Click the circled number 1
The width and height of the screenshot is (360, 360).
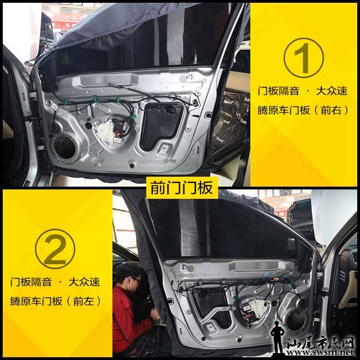click(304, 58)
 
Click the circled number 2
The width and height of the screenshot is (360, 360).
click(55, 249)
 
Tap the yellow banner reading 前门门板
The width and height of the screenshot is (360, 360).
click(182, 188)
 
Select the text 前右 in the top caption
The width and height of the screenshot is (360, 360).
click(331, 110)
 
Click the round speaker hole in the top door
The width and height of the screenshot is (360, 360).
click(64, 147)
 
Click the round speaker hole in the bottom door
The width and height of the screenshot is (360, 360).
click(296, 321)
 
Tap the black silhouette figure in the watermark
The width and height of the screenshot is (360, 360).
click(277, 337)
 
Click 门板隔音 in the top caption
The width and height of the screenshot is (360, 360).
click(279, 91)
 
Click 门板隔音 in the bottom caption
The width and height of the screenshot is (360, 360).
click(31, 282)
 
